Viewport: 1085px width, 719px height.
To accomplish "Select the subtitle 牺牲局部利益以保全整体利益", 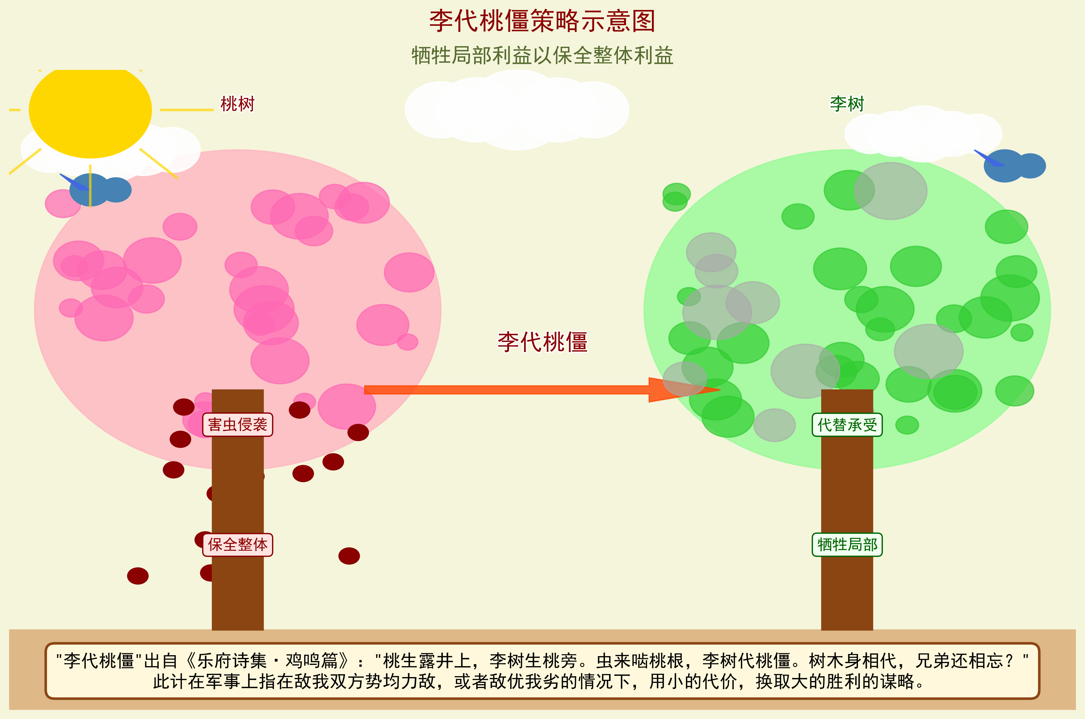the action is (542, 56).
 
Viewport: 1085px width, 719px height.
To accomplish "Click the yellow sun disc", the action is (90, 110).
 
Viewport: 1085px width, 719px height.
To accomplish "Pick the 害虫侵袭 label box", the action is (238, 425).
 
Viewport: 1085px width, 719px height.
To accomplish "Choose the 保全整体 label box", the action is (238, 545).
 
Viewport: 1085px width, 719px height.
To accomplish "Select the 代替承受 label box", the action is (847, 425).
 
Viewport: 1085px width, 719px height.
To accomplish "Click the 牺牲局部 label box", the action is (847, 545).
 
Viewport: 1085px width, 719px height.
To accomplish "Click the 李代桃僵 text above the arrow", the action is (542, 342).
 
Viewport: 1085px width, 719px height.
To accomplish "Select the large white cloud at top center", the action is (517, 110).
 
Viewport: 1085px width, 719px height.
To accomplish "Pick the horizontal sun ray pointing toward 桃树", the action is (187, 110).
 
